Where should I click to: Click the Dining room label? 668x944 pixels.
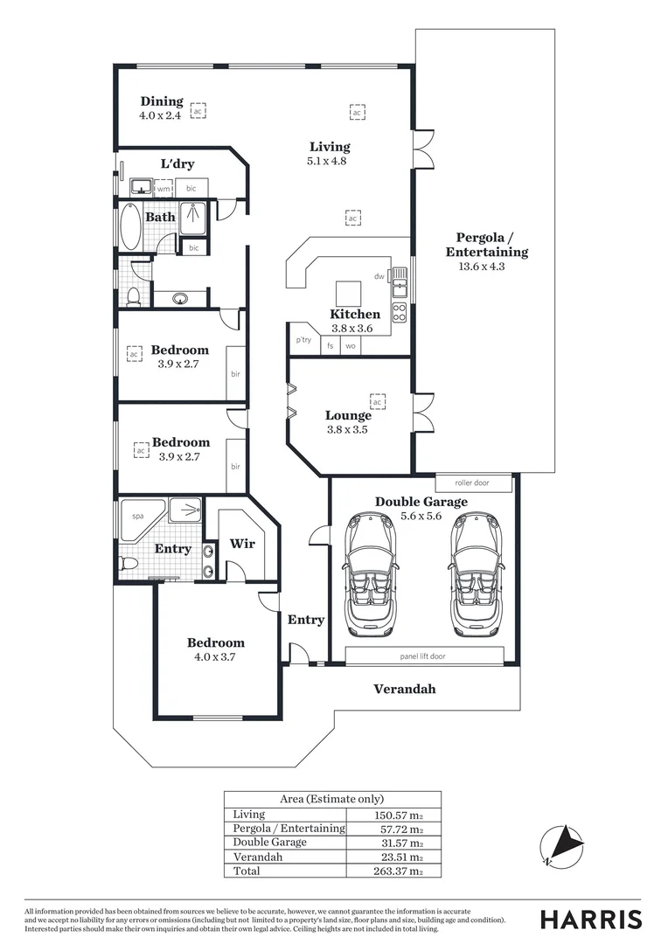162,101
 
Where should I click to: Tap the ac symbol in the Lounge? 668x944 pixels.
379,401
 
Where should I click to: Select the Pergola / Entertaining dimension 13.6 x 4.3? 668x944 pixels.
482,267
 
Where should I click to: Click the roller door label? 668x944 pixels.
471,482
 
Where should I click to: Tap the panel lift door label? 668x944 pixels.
422,656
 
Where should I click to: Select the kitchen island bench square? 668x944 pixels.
348,292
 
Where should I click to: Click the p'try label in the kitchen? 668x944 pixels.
303,340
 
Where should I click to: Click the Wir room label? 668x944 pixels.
242,544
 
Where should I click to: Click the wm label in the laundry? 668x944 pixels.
164,188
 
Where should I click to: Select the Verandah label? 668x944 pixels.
404,689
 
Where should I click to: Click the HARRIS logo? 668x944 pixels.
590,919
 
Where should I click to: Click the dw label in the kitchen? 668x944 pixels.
379,277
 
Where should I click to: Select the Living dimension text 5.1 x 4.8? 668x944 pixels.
328,162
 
